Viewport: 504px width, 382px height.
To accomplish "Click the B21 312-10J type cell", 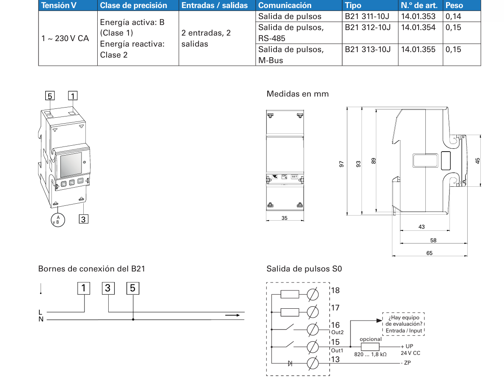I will pyautogui.click(x=367, y=28).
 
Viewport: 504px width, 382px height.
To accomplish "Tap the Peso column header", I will pyautogui.click(x=454, y=6).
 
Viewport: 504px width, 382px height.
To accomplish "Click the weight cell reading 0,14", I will pyautogui.click(x=453, y=17).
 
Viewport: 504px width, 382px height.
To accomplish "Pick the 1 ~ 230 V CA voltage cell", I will pyautogui.click(x=65, y=38).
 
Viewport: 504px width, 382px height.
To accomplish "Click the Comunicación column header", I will pyautogui.click(x=285, y=6).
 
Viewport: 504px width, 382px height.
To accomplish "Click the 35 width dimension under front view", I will pyautogui.click(x=284, y=218).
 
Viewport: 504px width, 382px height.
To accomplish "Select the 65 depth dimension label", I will pyautogui.click(x=429, y=253).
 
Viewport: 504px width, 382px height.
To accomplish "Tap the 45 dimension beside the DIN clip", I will pyautogui.click(x=477, y=161).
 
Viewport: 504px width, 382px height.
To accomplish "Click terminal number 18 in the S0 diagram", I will pyautogui.click(x=335, y=291).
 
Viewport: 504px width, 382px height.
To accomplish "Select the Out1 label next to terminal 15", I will pyautogui.click(x=337, y=351).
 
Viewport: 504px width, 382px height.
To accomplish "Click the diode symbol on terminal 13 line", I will pyautogui.click(x=290, y=363).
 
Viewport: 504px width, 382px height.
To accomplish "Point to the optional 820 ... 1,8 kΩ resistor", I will pyautogui.click(x=370, y=346).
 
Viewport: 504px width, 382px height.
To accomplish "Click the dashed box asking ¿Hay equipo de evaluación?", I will pyautogui.click(x=403, y=324).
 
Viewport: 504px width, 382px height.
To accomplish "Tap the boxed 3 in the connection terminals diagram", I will pyautogui.click(x=108, y=288).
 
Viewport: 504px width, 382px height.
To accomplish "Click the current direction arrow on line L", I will pyautogui.click(x=232, y=315).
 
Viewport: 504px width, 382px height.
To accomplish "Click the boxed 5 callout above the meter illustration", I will pyautogui.click(x=50, y=96).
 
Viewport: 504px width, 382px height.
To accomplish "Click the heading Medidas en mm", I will pyautogui.click(x=297, y=94).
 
